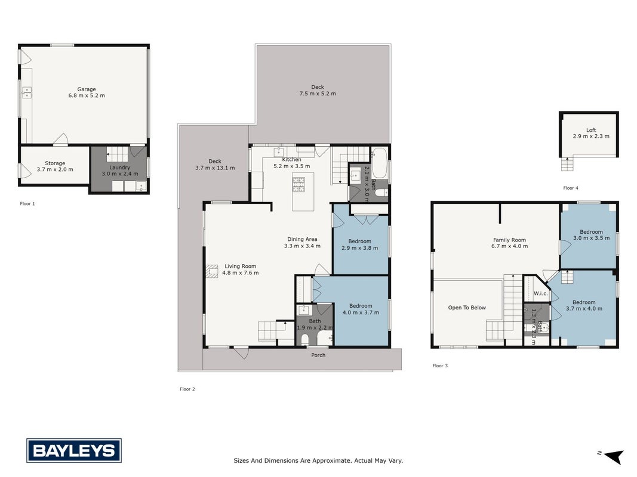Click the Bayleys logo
(74, 450)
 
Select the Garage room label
(87, 89)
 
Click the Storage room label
(55, 163)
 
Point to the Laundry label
(120, 167)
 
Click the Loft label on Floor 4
(591, 130)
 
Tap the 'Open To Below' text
(467, 308)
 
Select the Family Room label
(509, 240)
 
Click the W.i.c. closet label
(541, 293)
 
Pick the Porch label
(318, 355)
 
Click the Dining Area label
(302, 239)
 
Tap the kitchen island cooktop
(299, 184)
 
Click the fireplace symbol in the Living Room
(212, 271)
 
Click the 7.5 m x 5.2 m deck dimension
(318, 93)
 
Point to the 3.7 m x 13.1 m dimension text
(215, 168)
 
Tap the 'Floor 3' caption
(440, 366)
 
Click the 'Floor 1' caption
(27, 203)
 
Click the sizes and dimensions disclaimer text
(318, 460)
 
